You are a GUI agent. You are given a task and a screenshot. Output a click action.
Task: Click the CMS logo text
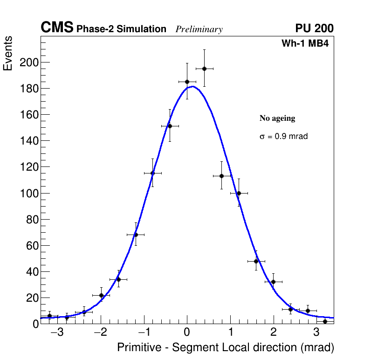coord(57,28)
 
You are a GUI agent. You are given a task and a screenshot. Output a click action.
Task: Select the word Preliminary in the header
coord(199,29)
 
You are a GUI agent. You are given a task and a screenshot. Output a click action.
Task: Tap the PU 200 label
coord(314,28)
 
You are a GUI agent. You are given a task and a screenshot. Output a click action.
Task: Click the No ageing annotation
coord(277,118)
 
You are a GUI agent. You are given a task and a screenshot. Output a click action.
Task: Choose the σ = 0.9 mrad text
coord(283,137)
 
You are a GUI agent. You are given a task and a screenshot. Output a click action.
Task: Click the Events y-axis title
coord(8,54)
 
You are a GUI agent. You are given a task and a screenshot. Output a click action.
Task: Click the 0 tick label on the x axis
coord(187,333)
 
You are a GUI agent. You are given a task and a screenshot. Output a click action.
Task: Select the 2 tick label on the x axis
coord(274,333)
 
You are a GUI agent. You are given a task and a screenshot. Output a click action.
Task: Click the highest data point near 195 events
coord(204,69)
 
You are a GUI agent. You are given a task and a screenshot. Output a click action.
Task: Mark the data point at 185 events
coord(187,82)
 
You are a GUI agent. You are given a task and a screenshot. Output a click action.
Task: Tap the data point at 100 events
coord(239,193)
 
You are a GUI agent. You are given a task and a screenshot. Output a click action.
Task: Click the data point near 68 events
coord(136,235)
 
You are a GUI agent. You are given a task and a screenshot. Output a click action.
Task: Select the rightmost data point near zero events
coord(325,321)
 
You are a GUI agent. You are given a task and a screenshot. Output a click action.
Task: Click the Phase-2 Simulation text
coord(121,29)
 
